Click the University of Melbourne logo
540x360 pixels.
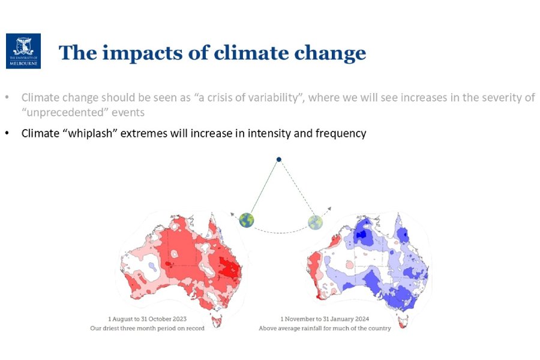23,51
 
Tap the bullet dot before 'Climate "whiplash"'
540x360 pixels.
7,133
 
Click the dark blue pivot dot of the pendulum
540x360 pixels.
278,159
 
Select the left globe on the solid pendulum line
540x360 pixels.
246,220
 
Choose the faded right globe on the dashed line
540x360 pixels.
315,221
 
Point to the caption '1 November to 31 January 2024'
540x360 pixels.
325,319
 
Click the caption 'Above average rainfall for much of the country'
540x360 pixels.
325,328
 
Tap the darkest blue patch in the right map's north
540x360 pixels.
361,235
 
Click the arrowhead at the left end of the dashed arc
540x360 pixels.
233,212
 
